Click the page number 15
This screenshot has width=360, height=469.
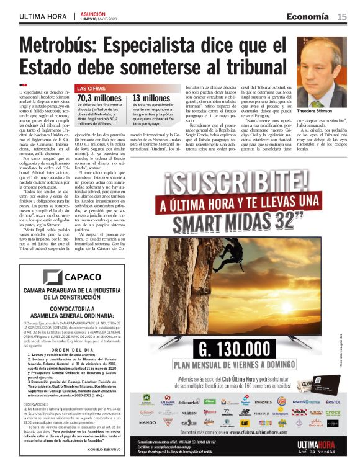[x=341, y=17]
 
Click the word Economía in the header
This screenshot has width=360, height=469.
[x=307, y=17]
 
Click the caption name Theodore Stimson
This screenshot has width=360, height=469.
[x=315, y=112]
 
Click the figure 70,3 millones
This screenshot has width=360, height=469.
[x=99, y=98]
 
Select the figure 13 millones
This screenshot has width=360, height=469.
[x=151, y=98]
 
